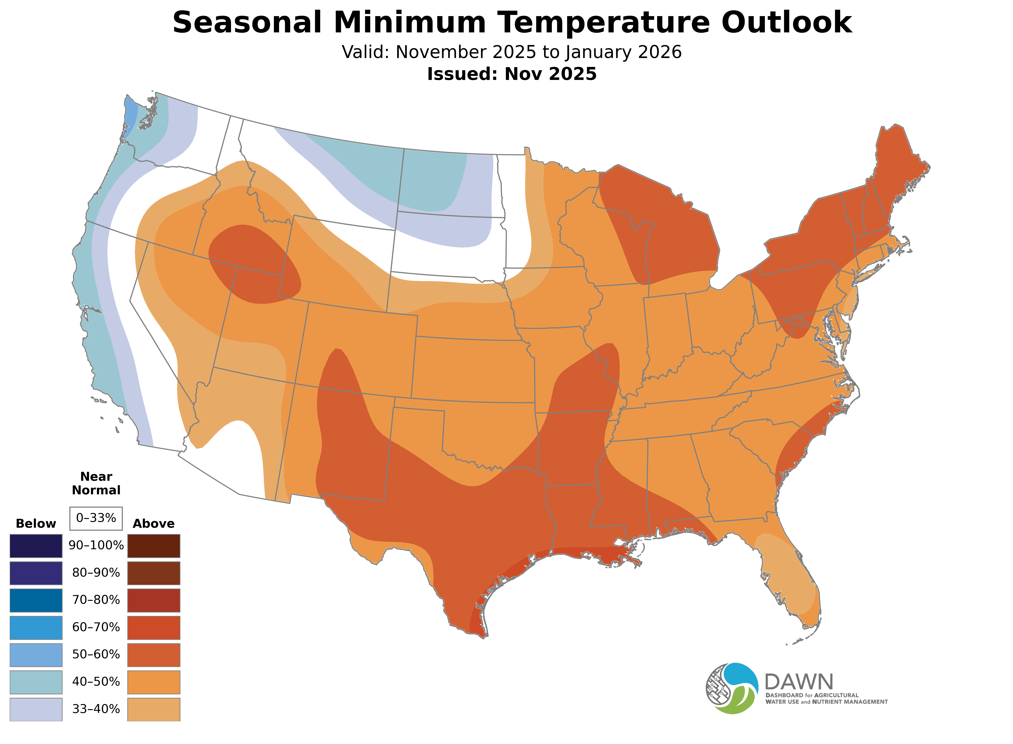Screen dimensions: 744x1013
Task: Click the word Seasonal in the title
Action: coord(247,23)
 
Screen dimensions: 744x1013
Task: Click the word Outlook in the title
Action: coord(786,23)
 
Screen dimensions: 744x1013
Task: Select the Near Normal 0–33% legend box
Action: coord(96,518)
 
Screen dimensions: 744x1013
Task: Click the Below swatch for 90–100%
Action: coord(36,546)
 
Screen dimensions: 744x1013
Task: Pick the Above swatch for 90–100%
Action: coord(154,546)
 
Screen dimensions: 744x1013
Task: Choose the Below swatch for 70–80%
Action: coord(36,600)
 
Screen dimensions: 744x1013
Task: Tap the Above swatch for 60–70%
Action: coord(154,627)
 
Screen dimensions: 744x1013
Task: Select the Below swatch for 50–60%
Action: coord(36,655)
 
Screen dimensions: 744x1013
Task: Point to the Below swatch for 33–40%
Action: coord(36,709)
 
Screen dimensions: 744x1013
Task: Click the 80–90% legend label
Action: coord(96,573)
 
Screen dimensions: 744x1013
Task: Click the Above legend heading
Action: coord(154,524)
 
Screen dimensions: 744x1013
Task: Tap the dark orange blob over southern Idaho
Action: coord(252,263)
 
